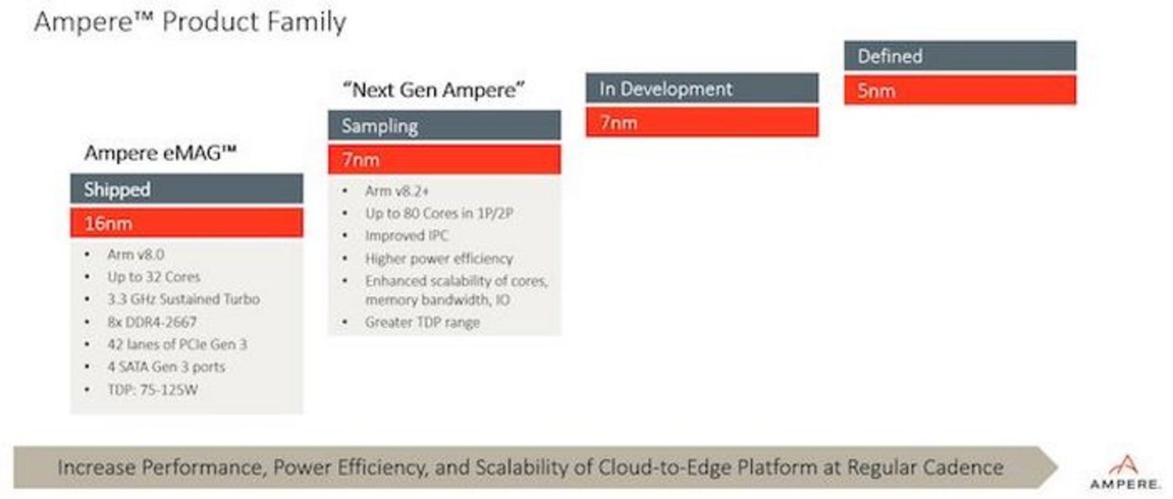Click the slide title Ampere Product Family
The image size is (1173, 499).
point(189,22)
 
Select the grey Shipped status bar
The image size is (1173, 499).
point(186,189)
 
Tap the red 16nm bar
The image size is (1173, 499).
point(186,223)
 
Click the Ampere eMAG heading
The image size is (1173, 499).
point(160,153)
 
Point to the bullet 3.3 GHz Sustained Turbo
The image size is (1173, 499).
point(183,299)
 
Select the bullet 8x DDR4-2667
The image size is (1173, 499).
point(152,322)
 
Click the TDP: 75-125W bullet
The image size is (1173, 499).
point(152,390)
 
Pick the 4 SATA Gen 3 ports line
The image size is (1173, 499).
point(166,367)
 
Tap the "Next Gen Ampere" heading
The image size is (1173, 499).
point(433,90)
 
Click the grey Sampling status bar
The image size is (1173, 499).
point(444,126)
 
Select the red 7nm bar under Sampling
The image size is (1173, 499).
point(444,160)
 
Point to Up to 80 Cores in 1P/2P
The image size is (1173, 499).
point(439,213)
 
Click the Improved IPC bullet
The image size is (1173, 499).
point(406,236)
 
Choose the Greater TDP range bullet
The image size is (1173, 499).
point(422,322)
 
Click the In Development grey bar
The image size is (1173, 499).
point(702,89)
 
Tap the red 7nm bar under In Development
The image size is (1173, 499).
point(702,123)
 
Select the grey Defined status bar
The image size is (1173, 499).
point(960,56)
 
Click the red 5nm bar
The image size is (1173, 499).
point(960,90)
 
